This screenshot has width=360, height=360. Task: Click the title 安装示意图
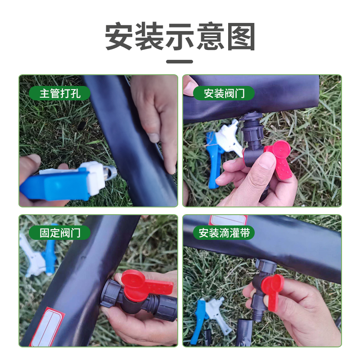tap(180, 36)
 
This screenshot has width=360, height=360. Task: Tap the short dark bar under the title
tap(180, 62)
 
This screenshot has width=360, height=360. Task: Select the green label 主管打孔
tap(60, 93)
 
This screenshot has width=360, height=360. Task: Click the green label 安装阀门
tap(224, 93)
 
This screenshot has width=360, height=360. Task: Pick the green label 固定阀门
tap(60, 233)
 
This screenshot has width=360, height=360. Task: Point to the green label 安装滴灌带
tap(224, 233)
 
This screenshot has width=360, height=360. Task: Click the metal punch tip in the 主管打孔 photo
tap(111, 172)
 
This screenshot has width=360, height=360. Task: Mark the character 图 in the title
tap(241, 36)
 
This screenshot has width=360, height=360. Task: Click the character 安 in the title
tap(119, 36)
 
